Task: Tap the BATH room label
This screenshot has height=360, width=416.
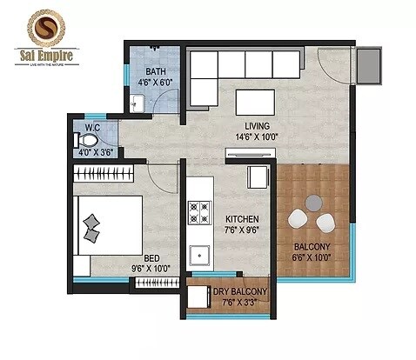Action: (155, 72)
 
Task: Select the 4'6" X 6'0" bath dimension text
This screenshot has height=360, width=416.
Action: (156, 83)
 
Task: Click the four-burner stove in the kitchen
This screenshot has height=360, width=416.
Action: (200, 212)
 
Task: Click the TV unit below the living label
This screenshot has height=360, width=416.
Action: (251, 154)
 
